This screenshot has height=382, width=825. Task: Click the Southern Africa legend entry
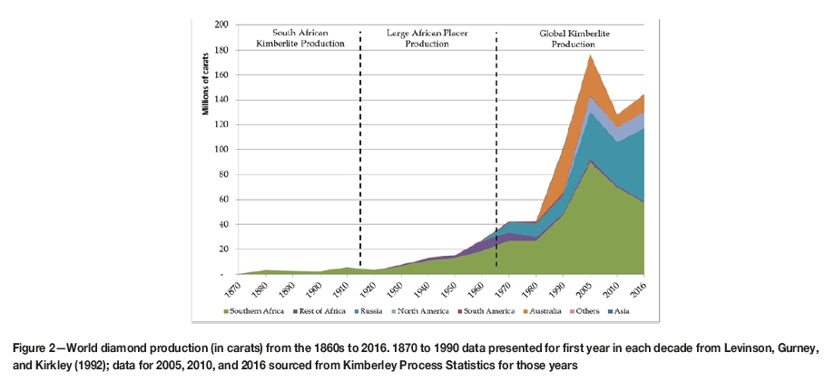pos(256,310)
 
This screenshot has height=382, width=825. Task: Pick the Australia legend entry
pos(546,310)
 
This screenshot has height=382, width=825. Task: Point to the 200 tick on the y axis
pos(221,24)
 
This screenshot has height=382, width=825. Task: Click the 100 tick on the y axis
pos(221,149)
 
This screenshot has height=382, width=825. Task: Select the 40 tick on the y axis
pos(223,224)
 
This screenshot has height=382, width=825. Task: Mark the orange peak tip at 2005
pos(591,54)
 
